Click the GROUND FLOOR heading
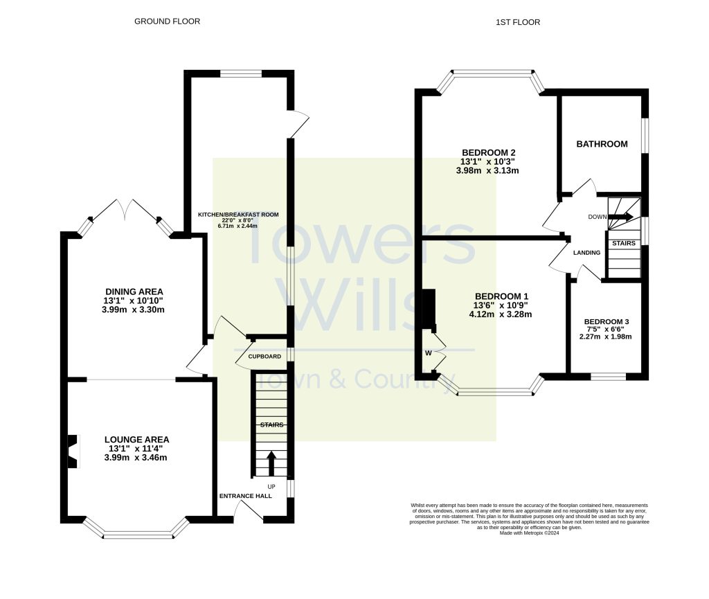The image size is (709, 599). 167,21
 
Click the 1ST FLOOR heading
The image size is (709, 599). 518,22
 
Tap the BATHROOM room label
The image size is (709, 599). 602,144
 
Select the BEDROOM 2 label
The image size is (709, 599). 488,152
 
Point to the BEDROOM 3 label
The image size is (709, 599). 607,322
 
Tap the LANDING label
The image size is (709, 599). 586,253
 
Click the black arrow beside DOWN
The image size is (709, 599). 620,217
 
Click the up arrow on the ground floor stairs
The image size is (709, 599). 270,463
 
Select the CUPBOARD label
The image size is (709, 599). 264,357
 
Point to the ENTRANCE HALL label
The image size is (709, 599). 246,497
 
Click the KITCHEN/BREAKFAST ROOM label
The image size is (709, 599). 238,215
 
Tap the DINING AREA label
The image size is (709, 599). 134,292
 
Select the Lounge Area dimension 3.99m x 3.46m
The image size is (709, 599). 136,458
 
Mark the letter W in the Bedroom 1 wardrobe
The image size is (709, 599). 428,353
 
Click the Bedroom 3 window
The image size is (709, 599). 608,377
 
